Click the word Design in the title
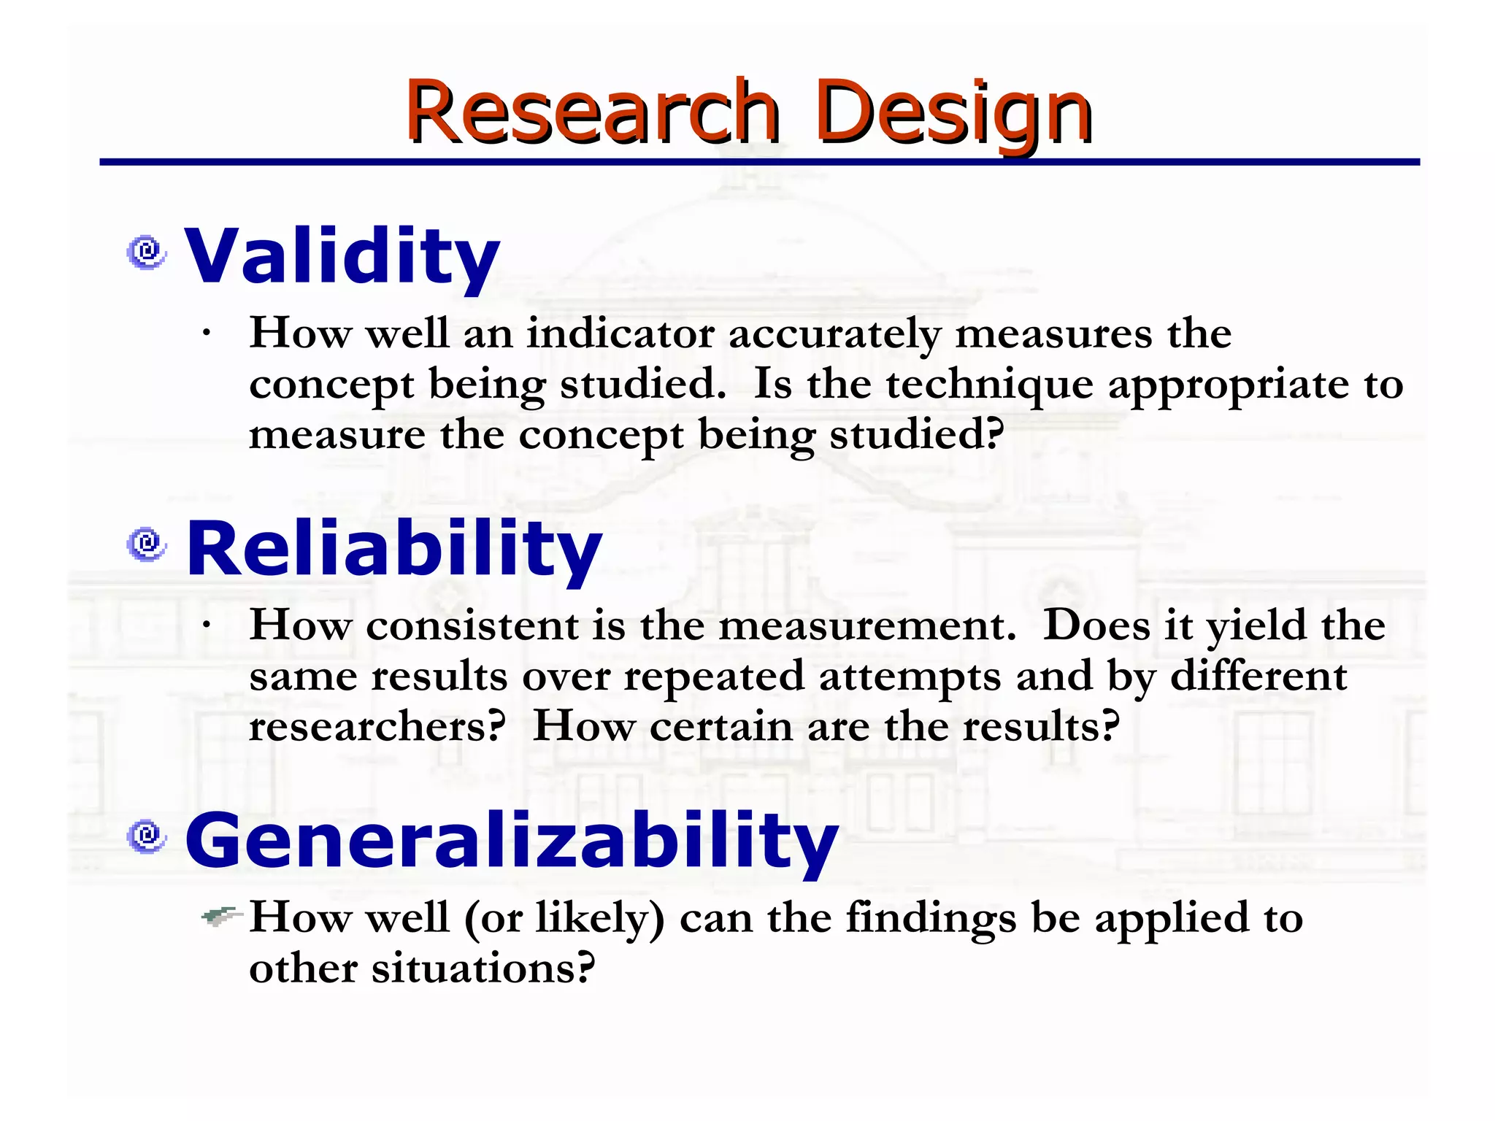tap(953, 113)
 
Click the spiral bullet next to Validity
tap(147, 253)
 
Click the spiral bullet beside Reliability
tap(147, 544)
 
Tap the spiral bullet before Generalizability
tap(147, 836)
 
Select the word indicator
tap(620, 334)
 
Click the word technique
tap(990, 385)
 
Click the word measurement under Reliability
tap(866, 626)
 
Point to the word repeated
tap(713, 677)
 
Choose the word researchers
tap(377, 727)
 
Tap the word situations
tap(483, 968)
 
